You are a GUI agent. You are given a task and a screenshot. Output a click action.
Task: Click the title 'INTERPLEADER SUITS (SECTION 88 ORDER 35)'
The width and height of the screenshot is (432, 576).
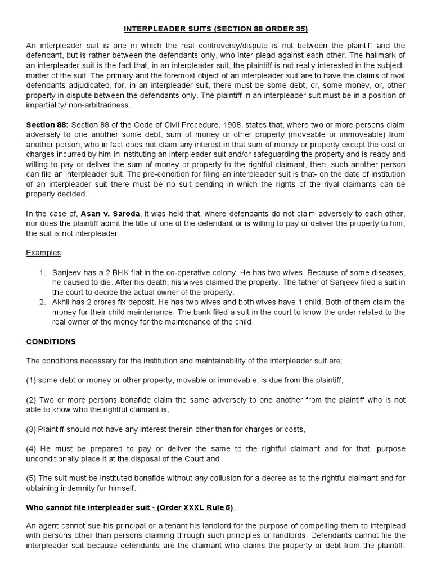[x=216, y=28]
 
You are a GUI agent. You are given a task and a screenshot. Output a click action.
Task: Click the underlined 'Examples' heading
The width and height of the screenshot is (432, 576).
[x=43, y=253]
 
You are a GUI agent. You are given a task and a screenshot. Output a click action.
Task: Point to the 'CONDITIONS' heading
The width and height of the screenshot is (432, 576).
[x=51, y=341]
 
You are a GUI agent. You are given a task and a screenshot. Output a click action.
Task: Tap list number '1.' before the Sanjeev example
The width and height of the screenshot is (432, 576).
[x=43, y=272]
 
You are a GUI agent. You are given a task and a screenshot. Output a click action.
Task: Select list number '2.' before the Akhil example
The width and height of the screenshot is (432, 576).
[x=43, y=302]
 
